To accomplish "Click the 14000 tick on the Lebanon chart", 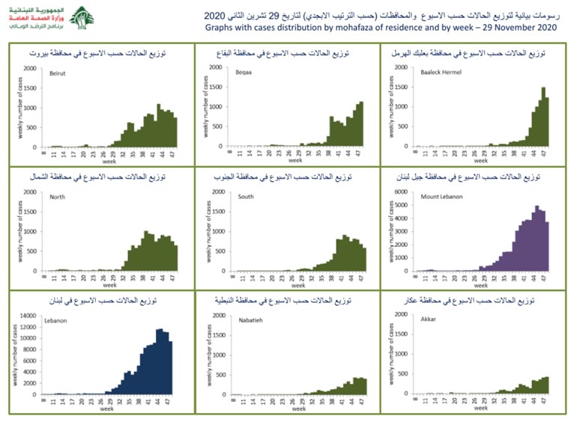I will (x=26, y=316).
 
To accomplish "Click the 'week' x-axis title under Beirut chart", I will (x=109, y=159).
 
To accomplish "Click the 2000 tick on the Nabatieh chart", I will (x=218, y=316).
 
